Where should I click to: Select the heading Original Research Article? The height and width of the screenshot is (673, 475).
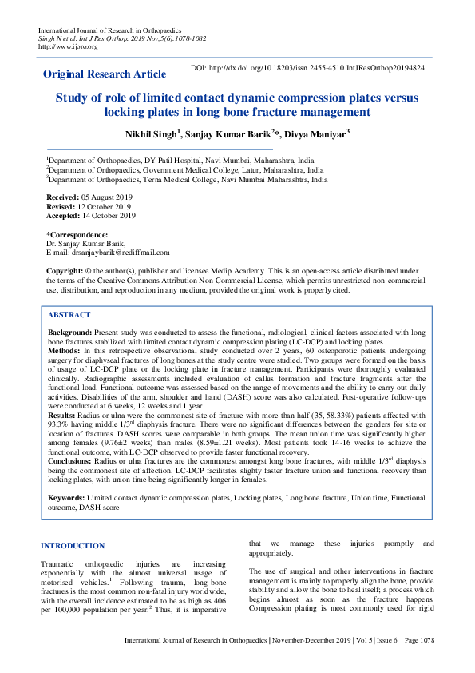click(105, 74)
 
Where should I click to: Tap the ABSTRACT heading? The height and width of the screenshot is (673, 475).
click(69, 315)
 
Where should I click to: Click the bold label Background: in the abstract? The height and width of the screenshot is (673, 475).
click(70, 331)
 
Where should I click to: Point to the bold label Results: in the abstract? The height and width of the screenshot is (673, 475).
click(63, 416)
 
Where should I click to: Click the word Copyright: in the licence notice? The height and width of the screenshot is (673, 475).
click(65, 272)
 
